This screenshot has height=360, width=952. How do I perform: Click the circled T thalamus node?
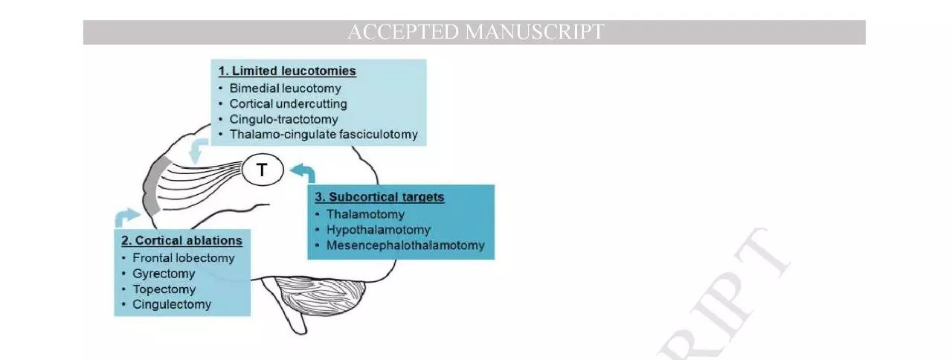(263, 171)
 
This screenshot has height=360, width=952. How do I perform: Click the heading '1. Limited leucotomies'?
(287, 71)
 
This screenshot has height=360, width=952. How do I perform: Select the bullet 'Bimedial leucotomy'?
(285, 88)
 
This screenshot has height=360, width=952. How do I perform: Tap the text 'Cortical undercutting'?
(288, 103)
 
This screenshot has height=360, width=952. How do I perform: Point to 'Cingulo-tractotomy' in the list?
(283, 119)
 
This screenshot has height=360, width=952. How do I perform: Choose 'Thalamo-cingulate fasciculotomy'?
(324, 135)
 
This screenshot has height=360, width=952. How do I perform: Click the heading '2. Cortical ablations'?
(181, 241)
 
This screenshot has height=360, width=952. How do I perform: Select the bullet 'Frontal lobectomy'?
(183, 258)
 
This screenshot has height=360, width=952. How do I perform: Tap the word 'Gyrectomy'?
(164, 274)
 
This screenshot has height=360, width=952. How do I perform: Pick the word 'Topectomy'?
(164, 289)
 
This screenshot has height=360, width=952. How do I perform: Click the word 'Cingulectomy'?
(172, 304)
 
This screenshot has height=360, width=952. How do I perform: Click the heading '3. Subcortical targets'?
(379, 197)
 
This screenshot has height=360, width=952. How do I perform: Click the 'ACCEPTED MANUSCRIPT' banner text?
(475, 32)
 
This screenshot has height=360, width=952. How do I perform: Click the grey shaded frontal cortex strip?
(152, 186)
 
